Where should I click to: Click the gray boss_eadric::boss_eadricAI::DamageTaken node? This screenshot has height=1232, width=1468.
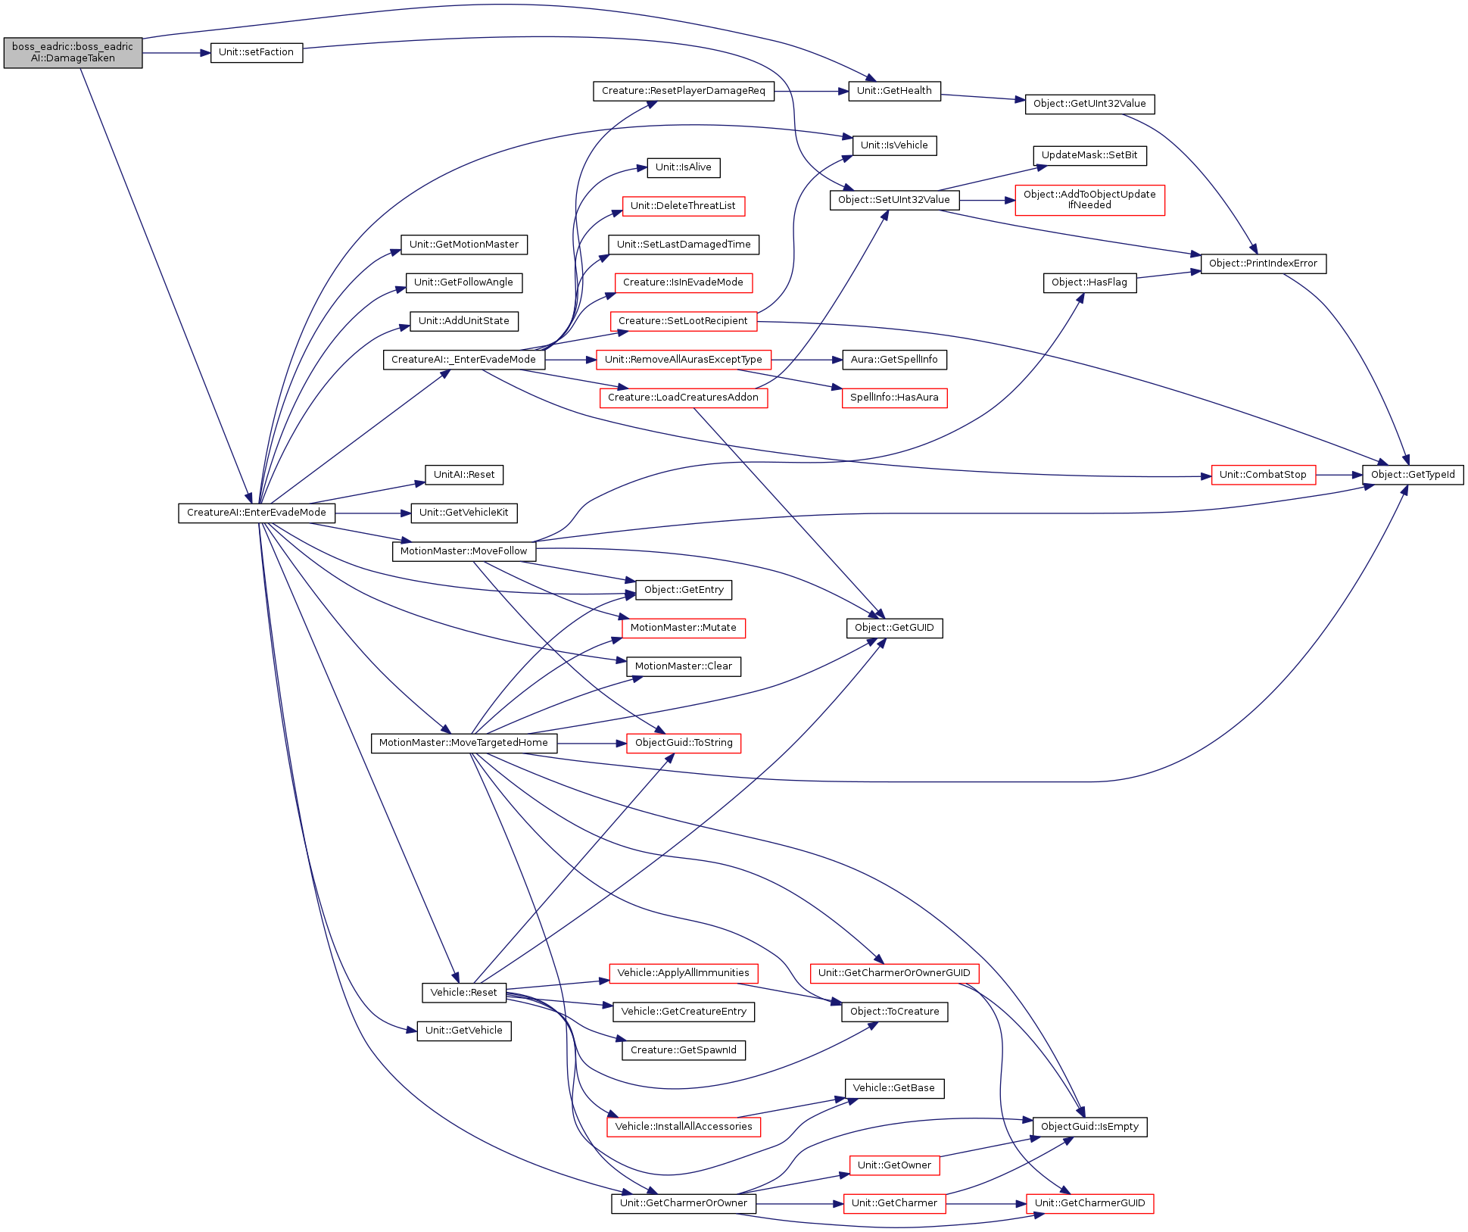(73, 52)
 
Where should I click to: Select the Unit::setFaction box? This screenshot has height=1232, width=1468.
(257, 52)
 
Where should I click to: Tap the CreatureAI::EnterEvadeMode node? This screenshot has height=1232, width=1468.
(257, 513)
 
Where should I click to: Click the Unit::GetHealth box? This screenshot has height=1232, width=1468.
(894, 91)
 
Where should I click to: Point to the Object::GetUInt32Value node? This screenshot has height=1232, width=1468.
(1089, 104)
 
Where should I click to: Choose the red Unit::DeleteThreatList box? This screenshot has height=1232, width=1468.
(683, 206)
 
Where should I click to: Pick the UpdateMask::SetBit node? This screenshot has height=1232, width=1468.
(1089, 155)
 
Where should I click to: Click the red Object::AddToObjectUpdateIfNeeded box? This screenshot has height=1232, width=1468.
(1089, 200)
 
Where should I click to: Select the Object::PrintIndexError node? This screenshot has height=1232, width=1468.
(1263, 264)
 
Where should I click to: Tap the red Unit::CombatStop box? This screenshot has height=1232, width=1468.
(1263, 475)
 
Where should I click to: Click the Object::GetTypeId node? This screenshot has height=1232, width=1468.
(1413, 475)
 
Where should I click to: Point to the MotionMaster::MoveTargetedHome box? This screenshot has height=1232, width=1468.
(463, 743)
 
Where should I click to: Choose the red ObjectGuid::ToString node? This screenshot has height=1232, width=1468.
(684, 743)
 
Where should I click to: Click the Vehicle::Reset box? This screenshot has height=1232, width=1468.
(463, 993)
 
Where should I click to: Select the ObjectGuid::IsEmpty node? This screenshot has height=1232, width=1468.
(1089, 1127)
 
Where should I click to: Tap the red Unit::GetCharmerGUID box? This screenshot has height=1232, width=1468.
(1089, 1203)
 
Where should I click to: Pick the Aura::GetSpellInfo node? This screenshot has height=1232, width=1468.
(894, 360)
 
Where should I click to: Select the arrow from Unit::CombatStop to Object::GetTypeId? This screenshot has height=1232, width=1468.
(1339, 475)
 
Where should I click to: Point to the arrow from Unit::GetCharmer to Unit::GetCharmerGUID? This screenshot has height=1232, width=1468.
(986, 1203)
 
